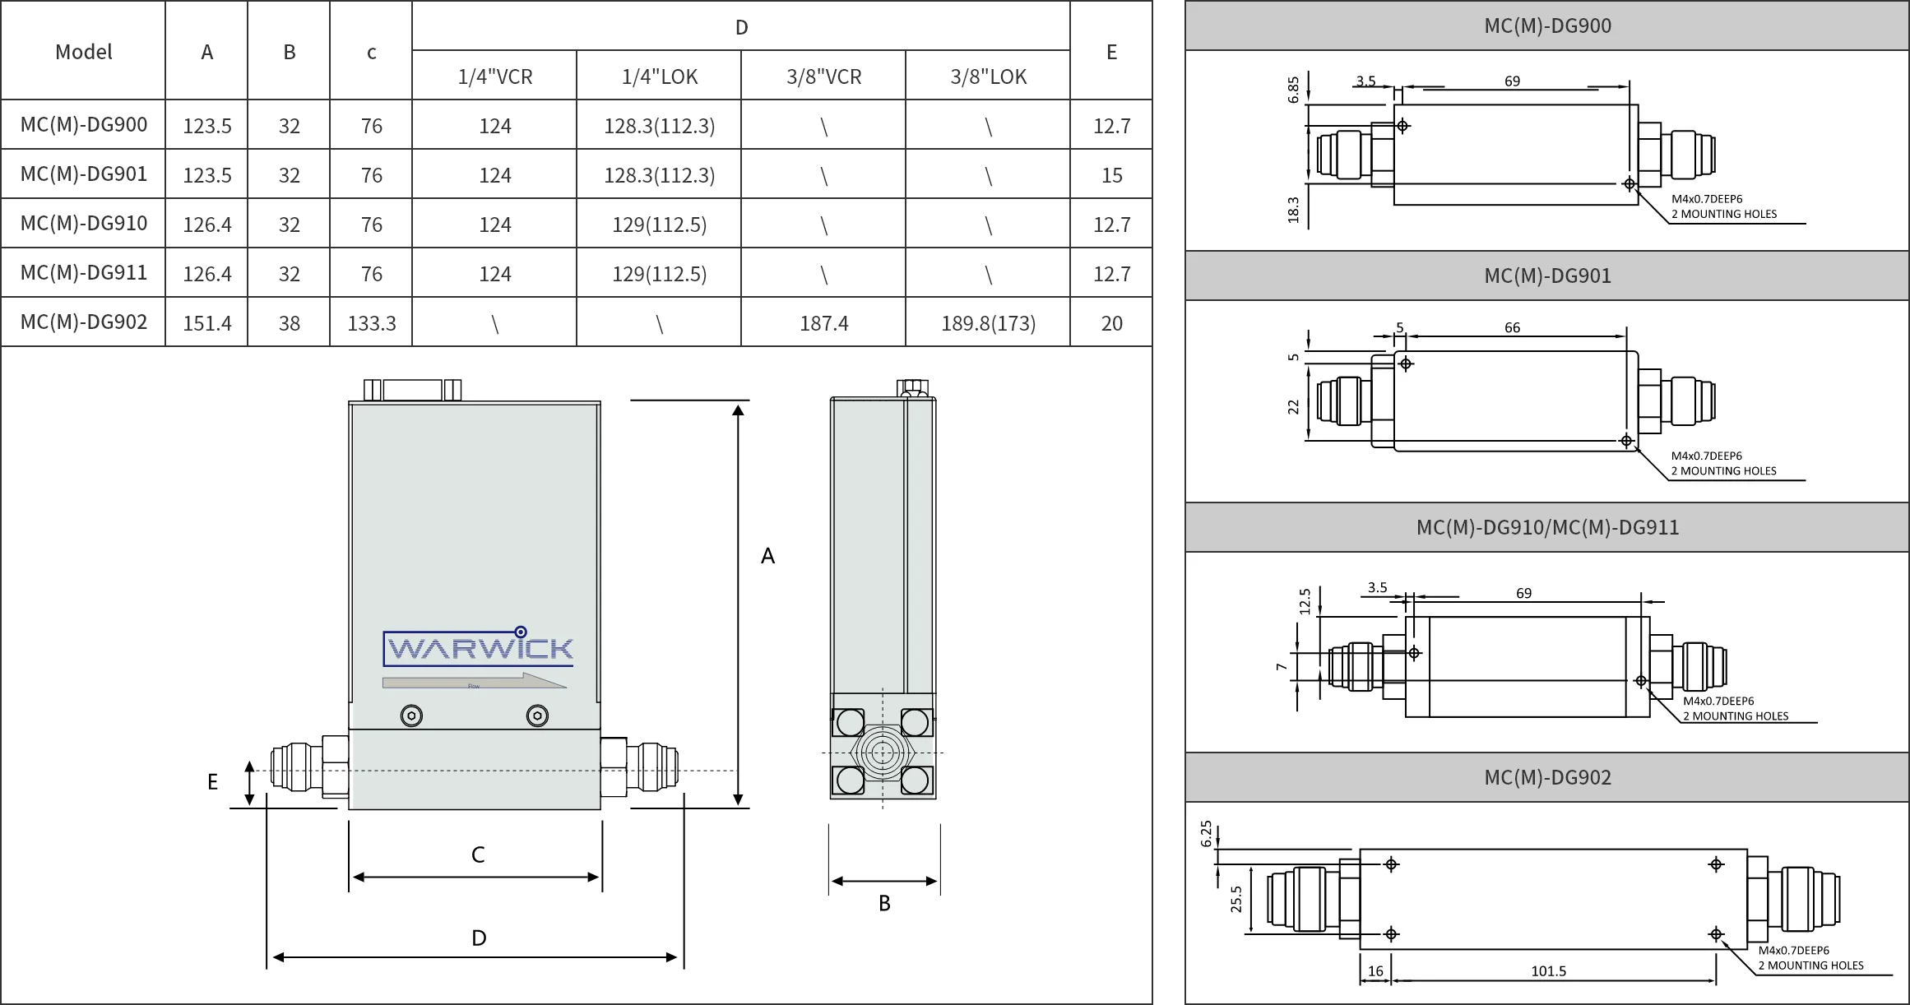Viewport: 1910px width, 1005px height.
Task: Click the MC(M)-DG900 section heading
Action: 1547,26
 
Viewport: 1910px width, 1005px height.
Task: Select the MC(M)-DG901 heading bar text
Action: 1547,276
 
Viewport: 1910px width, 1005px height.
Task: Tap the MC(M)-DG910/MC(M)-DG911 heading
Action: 1547,527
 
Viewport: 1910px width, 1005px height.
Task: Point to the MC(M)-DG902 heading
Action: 1547,777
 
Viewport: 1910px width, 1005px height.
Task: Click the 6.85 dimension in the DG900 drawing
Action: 1294,90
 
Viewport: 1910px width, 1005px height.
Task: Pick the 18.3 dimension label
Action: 1294,209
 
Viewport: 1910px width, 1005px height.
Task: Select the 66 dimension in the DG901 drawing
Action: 1512,327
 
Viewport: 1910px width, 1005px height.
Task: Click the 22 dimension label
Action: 1294,406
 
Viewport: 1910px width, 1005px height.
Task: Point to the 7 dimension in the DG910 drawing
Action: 1282,667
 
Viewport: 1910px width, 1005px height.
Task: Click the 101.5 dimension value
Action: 1548,971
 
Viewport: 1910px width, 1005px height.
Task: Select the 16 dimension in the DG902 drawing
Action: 1375,971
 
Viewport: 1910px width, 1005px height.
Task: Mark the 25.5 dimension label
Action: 1236,899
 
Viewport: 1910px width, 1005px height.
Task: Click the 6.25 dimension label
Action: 1207,833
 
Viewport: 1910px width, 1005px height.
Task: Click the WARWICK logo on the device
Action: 478,648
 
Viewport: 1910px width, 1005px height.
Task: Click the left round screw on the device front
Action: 411,716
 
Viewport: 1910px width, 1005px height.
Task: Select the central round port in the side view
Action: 882,753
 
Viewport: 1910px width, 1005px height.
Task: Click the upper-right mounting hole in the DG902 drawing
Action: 1716,864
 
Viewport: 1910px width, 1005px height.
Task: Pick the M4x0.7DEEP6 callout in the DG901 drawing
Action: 1706,456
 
